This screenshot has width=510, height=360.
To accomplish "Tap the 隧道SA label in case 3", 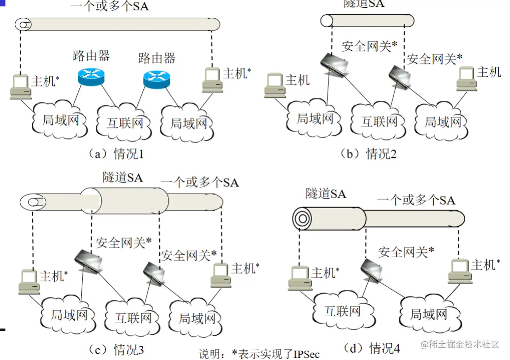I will click(x=123, y=178).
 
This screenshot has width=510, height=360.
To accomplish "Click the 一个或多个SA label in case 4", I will click(x=416, y=200).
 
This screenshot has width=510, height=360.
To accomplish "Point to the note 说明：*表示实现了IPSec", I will click(x=259, y=354).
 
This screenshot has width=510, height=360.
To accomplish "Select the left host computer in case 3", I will click(x=29, y=282).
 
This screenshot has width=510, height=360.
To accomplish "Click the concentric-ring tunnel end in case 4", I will click(x=303, y=217).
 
